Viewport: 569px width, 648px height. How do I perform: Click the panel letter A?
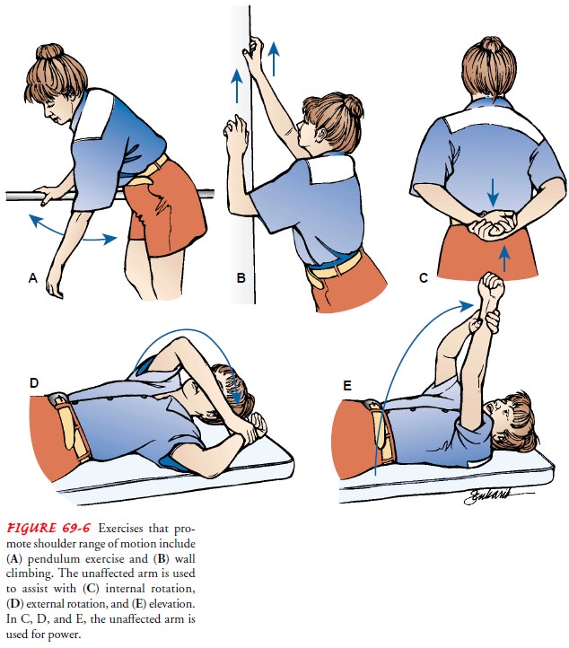coord(33,277)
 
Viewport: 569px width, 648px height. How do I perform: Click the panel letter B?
coord(241,277)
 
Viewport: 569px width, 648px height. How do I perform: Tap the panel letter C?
coord(423,277)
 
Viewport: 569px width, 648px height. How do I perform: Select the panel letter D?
coord(34,382)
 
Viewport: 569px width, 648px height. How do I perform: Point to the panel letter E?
coord(347,386)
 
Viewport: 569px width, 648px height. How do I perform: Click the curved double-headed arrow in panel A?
coord(70,236)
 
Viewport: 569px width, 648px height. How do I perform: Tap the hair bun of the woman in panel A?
coord(48,52)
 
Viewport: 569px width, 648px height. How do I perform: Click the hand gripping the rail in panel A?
coord(48,194)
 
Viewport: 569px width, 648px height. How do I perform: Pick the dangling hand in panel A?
coord(54,286)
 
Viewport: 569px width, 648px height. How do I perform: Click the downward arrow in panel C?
coord(492,193)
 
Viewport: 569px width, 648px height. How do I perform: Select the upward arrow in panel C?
coord(503,258)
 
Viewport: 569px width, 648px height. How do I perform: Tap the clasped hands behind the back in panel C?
coord(495,225)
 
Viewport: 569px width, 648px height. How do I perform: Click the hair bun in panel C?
coord(492,44)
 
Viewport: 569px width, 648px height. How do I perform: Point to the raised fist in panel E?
coord(491,286)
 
